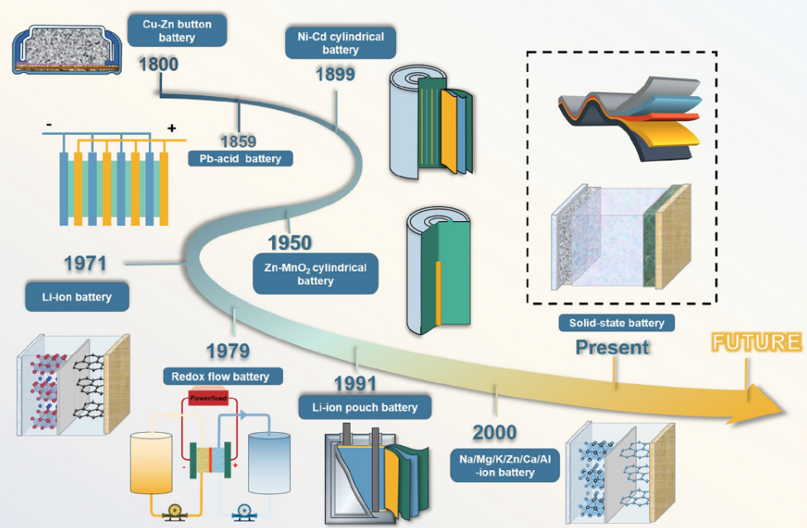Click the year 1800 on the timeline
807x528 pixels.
pos(159,64)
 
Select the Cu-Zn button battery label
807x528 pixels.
pos(177,31)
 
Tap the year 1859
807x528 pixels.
pos(237,142)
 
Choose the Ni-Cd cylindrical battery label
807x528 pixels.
pos(340,43)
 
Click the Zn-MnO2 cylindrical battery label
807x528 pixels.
pos(315,274)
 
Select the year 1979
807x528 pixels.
pos(228,351)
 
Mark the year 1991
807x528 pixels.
pos(355,383)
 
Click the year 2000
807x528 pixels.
pos(494,432)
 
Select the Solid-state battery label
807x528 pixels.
pos(615,323)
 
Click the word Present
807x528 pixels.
pos(613,347)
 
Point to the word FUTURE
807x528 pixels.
pos(757,343)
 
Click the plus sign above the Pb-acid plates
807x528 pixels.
pos(172,128)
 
